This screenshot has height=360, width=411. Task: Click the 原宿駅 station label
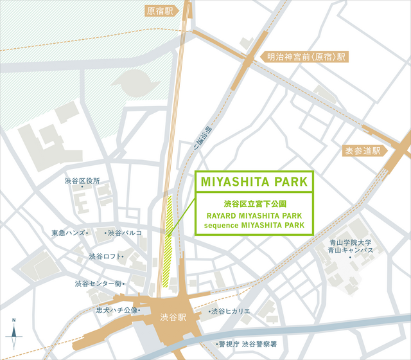pos(161,11)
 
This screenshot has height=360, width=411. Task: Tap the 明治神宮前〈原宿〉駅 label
pos(306,57)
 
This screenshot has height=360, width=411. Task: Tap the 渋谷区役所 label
pos(82,181)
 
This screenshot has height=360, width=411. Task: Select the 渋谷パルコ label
pos(125,233)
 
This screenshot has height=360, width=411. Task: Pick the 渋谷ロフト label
pos(105,256)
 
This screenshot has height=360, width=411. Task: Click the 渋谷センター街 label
pos(97,283)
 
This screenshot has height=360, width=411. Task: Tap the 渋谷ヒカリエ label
pos(231,312)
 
